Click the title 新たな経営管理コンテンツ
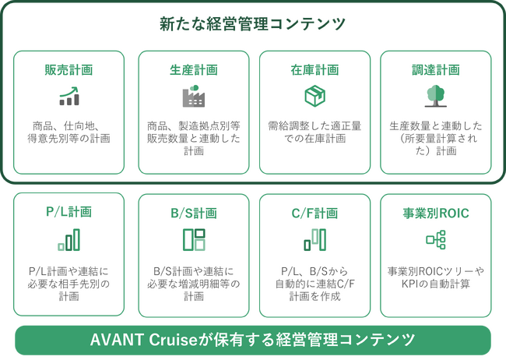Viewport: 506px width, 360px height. (x=252, y=24)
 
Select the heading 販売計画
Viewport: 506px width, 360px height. (x=69, y=70)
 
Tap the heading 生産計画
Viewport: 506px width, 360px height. (x=194, y=70)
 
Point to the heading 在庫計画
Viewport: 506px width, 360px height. (x=314, y=70)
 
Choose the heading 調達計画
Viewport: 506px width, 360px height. (x=436, y=70)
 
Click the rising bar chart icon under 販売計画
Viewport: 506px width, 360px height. (x=69, y=96)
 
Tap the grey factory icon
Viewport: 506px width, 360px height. (x=194, y=96)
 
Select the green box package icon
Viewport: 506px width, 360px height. (x=315, y=96)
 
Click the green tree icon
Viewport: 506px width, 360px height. (x=436, y=96)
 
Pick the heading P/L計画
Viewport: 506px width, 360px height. (x=69, y=212)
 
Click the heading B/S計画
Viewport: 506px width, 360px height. (x=194, y=214)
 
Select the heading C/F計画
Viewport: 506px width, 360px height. (x=314, y=214)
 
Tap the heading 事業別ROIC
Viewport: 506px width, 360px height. (x=436, y=214)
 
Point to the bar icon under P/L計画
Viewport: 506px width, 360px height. (x=69, y=240)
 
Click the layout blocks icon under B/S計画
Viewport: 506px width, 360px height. (x=194, y=240)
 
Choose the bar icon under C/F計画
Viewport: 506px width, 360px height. (x=315, y=240)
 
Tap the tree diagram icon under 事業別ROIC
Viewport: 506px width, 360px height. (x=436, y=240)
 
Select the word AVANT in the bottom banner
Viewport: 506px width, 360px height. (x=117, y=340)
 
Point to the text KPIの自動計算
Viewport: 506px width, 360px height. (x=436, y=284)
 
